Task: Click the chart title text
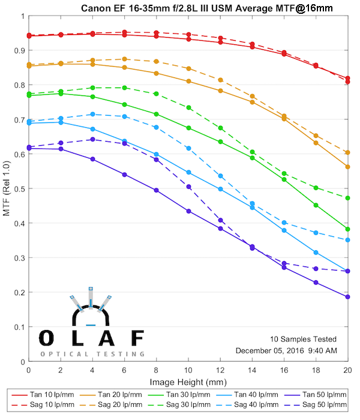[208, 7]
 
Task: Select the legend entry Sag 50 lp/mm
[322, 406]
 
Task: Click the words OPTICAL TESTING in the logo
[92, 355]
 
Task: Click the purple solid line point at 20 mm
[347, 297]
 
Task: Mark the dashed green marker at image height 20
[347, 198]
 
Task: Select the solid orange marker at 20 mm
[347, 167]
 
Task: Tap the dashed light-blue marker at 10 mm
[188, 148]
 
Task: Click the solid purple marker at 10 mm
[188, 211]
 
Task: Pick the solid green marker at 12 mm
[220, 142]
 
